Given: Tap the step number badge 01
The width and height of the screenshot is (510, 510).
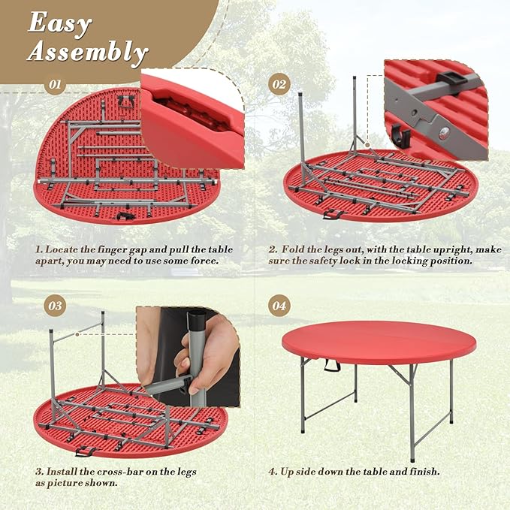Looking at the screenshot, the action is point(55,85).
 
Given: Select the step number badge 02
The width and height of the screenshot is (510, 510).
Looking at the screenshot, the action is point(279,85).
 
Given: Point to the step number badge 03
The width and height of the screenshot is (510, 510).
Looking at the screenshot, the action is point(55,306).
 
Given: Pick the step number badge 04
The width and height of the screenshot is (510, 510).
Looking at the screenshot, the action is point(279,306).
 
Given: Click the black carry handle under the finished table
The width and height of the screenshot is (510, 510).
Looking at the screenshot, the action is point(332,365).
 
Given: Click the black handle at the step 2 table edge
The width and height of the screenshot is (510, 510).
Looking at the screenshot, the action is point(333,214).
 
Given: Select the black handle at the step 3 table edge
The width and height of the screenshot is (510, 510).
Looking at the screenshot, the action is point(86,451).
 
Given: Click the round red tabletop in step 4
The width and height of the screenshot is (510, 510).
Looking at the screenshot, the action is point(379,342).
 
